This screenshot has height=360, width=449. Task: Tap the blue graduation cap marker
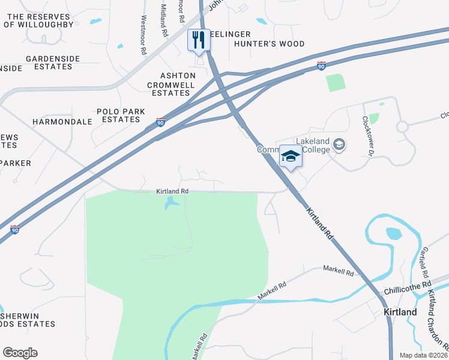[x=291, y=156]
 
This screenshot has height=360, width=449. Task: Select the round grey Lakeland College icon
[x=339, y=144]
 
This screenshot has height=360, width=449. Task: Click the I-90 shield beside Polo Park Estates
[x=160, y=122]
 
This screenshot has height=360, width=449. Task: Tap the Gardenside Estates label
[x=49, y=63]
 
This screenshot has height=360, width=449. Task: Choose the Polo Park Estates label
[x=119, y=115]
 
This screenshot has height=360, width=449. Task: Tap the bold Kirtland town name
[x=400, y=313]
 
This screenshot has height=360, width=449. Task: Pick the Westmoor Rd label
[x=143, y=35]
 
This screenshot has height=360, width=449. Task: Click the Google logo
[x=20, y=353]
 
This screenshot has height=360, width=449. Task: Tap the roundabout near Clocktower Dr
[x=402, y=127]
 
